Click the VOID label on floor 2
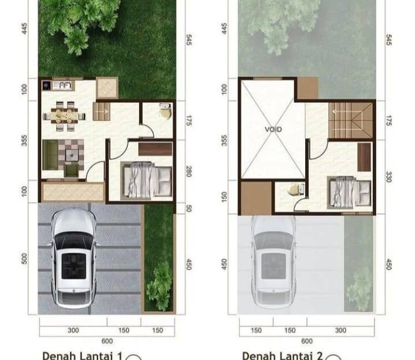point(273,129)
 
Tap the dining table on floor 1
point(64,116)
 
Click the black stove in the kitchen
point(47,86)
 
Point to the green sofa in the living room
point(50,155)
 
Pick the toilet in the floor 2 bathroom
point(295,190)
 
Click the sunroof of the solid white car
point(74,266)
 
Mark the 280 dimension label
point(188,171)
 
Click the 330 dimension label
point(388,177)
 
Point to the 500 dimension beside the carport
point(24,258)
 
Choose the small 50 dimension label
point(188,209)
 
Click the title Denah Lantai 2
point(283,355)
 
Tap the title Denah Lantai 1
point(82,355)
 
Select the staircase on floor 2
point(350,120)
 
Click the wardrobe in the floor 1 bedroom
point(155,149)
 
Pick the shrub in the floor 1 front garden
point(160,285)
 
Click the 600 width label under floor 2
point(307,341)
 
